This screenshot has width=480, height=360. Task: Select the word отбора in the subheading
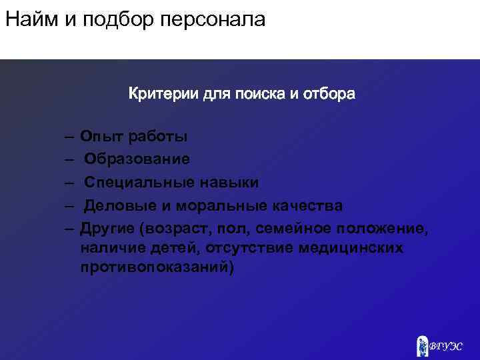[x=329, y=94]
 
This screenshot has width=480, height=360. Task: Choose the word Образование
[x=137, y=159]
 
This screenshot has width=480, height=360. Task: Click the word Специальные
[x=138, y=182]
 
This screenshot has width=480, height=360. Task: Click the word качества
[x=309, y=205]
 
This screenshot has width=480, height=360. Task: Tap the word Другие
[x=107, y=227]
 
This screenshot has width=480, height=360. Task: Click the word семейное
[x=294, y=227]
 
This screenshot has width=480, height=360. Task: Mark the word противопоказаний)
[x=157, y=267]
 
